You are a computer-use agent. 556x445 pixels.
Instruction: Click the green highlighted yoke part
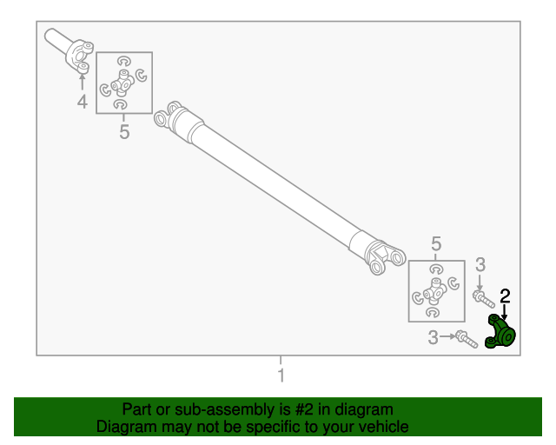tap(500, 332)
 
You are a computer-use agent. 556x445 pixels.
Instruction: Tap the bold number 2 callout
tap(505, 296)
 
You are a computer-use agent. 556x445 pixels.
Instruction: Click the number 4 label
tap(83, 102)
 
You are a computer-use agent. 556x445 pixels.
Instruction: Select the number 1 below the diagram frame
tap(281, 375)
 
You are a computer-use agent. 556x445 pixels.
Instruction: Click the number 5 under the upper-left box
tap(124, 131)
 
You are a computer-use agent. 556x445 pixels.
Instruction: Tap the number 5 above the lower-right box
tap(436, 243)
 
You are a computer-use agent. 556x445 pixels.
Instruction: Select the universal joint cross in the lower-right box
tap(434, 292)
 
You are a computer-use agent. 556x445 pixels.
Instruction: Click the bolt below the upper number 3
tap(484, 299)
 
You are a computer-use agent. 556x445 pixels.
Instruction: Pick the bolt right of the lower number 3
tap(467, 339)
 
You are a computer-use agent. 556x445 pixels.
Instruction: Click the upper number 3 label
tap(480, 265)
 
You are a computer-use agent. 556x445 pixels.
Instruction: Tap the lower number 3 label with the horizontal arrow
tap(433, 337)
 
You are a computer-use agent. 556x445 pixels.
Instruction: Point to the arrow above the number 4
tap(83, 82)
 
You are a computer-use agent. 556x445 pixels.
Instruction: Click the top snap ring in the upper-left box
tap(123, 61)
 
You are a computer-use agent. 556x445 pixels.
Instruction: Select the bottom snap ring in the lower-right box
tap(433, 312)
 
